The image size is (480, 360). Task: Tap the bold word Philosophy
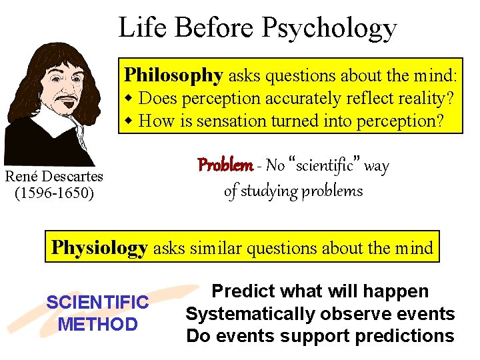click(173, 75)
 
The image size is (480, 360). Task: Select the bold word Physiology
click(99, 248)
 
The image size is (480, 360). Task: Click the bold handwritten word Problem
click(225, 165)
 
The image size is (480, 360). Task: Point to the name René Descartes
click(54, 177)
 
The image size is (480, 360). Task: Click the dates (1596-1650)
click(54, 193)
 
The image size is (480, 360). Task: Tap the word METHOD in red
click(97, 325)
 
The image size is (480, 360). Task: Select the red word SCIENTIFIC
click(97, 303)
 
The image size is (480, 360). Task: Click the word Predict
click(243, 291)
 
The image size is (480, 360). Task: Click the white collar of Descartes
click(63, 127)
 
